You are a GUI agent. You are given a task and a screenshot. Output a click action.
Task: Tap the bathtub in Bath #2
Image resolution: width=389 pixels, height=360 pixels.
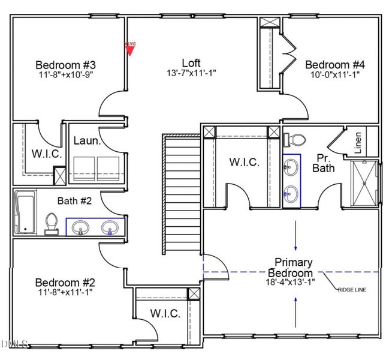[25, 212]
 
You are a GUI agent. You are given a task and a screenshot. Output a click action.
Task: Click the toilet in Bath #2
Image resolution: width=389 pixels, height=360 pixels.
[52, 224]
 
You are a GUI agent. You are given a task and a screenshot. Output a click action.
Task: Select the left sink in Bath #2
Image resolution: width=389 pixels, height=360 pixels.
[80, 227]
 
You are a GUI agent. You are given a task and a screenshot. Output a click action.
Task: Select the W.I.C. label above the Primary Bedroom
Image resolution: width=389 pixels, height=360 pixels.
[244, 162]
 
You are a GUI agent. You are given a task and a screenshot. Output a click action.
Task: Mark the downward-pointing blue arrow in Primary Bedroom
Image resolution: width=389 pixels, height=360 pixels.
[295, 235]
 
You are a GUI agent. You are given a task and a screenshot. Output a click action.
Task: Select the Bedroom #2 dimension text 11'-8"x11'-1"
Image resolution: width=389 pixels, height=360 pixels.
[65, 292]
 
